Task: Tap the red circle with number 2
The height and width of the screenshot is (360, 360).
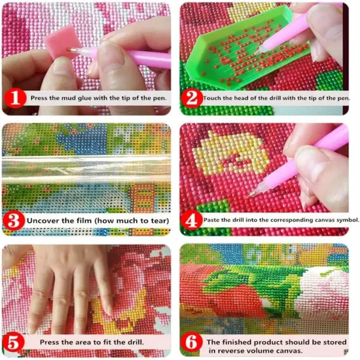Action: click(192, 99)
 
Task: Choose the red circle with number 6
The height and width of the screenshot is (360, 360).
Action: click(192, 341)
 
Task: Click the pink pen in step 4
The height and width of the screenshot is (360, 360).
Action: click(327, 151)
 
